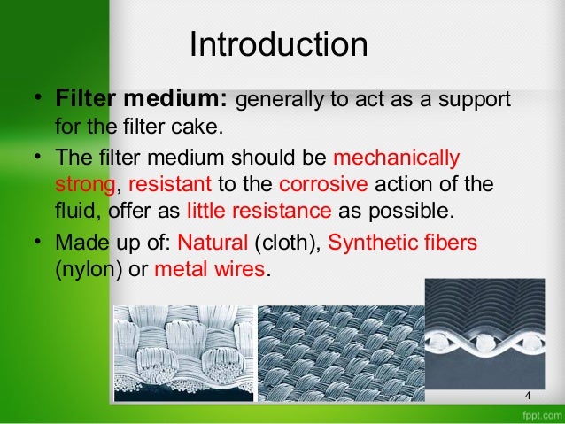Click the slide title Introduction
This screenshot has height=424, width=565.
coord(278,45)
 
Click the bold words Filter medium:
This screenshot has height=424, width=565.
coord(144,96)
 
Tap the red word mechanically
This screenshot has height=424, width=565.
coord(397,160)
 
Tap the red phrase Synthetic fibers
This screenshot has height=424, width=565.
coord(403,241)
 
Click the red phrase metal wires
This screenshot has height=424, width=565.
coord(209,267)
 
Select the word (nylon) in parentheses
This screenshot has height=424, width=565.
coord(83,267)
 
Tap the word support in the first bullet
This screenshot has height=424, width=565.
coord(479,96)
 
